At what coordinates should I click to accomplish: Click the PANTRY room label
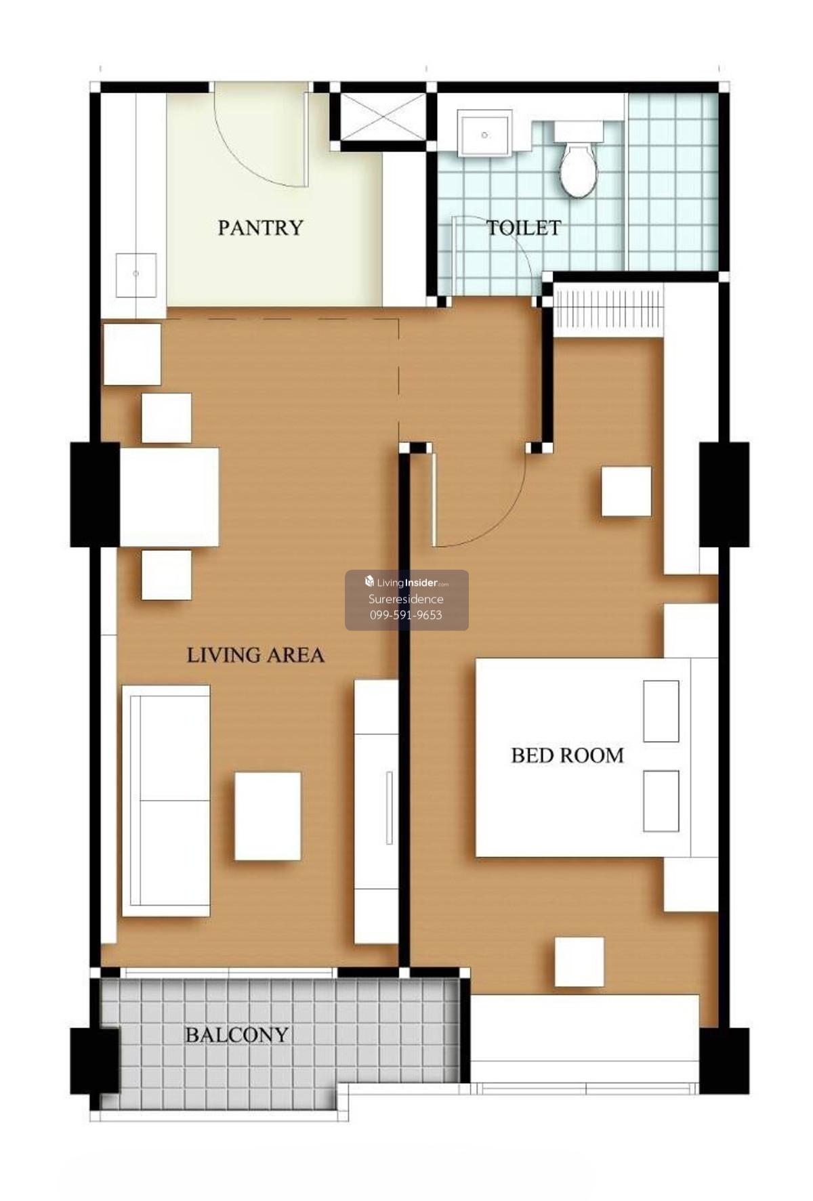[x=260, y=228]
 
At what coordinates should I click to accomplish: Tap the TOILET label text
[x=524, y=228]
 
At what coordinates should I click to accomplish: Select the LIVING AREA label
[x=255, y=655]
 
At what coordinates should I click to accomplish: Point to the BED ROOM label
[x=567, y=755]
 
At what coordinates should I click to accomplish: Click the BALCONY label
[x=237, y=1035]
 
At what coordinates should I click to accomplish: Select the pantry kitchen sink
[x=136, y=274]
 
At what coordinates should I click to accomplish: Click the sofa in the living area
[x=166, y=801]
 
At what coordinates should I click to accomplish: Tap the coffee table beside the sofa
[x=268, y=816]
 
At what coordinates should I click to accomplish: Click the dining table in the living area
[x=169, y=497]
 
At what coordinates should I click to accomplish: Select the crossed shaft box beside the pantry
[x=383, y=117]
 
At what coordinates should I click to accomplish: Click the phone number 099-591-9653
[x=406, y=615]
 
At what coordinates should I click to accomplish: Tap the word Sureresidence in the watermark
[x=406, y=599]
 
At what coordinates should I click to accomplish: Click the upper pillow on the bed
[x=661, y=711]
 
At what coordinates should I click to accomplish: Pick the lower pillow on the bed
[x=661, y=801]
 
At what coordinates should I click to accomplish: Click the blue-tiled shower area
[x=673, y=181]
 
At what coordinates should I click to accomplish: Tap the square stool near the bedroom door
[x=626, y=491]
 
